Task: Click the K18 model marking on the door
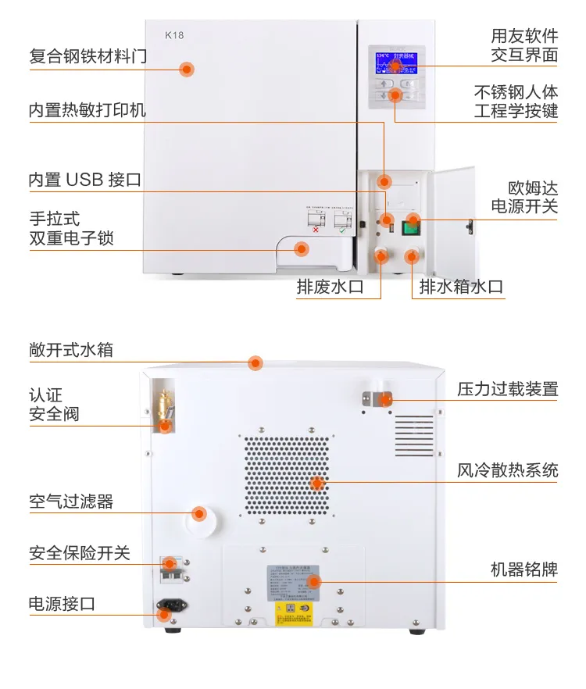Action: point(174,35)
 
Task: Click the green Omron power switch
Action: point(412,227)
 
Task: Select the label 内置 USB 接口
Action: point(85,180)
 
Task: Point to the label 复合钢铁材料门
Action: point(88,56)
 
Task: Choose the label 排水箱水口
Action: point(461,287)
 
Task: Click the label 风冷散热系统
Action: point(508,470)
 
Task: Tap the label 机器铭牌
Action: point(523,569)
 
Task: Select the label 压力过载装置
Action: point(508,389)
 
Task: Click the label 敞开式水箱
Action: point(71,350)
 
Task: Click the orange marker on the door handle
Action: point(301,249)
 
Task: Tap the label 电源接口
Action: point(62,604)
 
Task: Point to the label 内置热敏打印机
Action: point(88,110)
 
